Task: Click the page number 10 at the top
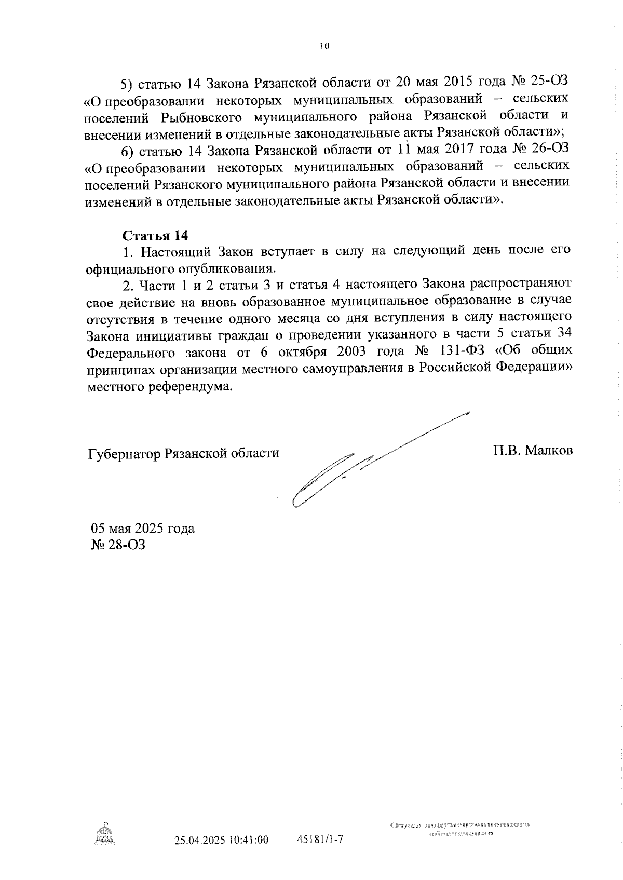click(x=324, y=46)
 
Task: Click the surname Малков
click(x=549, y=450)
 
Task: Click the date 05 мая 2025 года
click(x=143, y=529)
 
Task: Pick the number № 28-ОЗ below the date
click(x=118, y=545)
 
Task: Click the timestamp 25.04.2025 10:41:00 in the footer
click(x=222, y=840)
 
